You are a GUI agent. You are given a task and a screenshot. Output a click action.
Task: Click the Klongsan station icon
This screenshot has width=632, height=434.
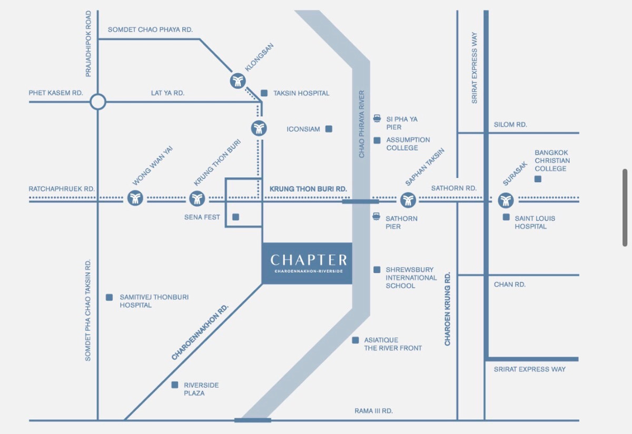[x=238, y=81]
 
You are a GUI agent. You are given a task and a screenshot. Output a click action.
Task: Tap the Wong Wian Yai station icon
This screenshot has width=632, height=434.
[x=135, y=199]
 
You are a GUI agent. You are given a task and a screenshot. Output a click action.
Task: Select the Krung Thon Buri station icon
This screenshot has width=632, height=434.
[x=197, y=199]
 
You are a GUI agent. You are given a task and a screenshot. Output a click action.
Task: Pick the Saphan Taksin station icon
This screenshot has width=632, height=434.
[x=408, y=200]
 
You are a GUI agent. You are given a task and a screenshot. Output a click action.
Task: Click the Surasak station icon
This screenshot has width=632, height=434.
[x=506, y=200]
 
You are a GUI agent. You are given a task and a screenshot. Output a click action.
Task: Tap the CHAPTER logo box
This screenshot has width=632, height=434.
[x=307, y=263]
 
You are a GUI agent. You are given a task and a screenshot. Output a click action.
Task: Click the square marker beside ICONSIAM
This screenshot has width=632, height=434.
[x=329, y=129]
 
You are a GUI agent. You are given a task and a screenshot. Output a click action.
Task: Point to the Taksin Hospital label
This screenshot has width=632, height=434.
[x=301, y=93]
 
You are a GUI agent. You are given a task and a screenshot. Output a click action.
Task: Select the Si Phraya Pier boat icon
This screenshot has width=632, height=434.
[x=377, y=119]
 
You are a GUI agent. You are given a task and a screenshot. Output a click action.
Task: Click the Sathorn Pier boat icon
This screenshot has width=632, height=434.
[x=377, y=216]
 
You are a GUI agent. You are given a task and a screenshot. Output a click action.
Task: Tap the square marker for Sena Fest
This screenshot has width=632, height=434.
[x=235, y=217]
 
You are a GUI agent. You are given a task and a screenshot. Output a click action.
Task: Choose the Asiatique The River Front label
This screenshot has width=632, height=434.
[x=393, y=344]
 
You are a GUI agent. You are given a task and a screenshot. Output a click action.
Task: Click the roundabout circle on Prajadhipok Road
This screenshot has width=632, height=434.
[x=98, y=101]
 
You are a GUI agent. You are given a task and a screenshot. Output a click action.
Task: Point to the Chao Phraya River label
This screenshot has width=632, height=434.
[x=362, y=124]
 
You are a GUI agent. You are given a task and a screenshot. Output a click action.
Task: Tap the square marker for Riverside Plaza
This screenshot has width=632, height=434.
[x=175, y=385]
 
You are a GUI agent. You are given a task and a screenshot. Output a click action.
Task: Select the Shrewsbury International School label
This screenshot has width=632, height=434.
[x=411, y=278]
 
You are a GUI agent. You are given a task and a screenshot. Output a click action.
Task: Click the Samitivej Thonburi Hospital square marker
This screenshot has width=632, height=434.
[x=109, y=297]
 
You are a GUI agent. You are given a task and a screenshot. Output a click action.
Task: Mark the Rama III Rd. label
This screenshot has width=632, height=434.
[x=374, y=411]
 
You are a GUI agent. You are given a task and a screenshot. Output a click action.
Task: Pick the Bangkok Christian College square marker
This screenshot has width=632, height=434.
[x=538, y=179]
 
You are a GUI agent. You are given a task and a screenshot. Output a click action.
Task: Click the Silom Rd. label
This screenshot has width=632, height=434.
[x=510, y=125]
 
